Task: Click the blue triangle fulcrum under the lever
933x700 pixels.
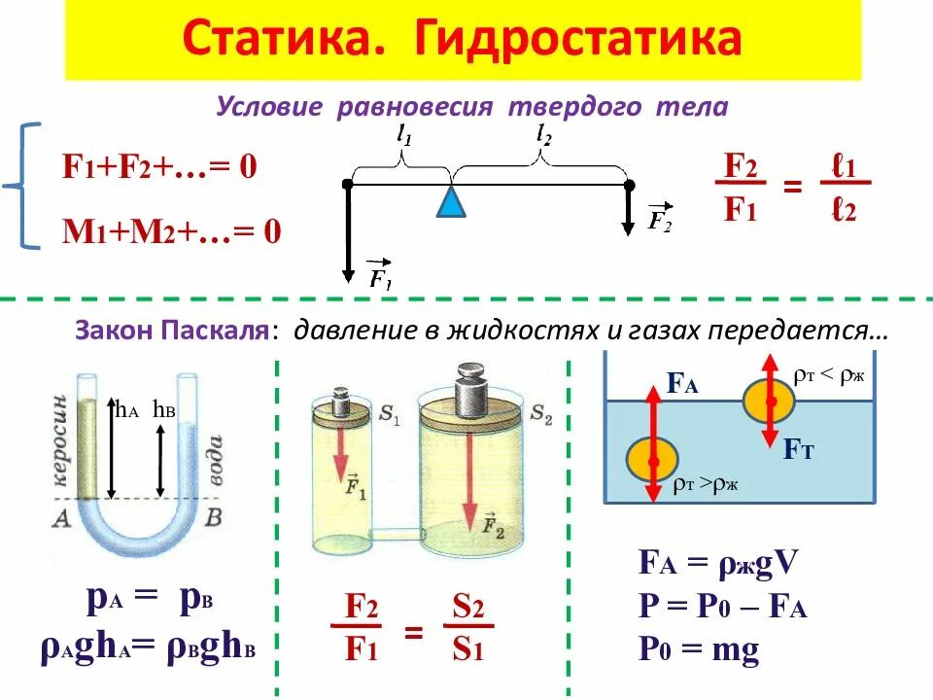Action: pos(449,201)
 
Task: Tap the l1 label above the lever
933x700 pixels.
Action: pos(404,138)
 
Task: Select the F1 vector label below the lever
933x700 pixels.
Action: pos(379,275)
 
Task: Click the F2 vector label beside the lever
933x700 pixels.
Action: pos(660,219)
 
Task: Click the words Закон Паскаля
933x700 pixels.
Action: pos(171,332)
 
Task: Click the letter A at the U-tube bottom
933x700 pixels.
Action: pos(63,517)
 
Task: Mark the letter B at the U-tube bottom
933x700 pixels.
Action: pos(216,517)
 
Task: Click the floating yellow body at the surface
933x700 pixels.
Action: pos(770,401)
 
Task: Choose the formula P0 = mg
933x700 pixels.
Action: pos(698,649)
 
